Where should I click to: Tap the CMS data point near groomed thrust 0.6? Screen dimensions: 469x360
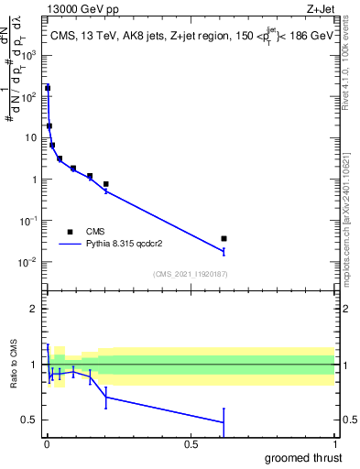click(224, 238)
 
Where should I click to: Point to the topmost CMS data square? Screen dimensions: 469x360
click(48, 88)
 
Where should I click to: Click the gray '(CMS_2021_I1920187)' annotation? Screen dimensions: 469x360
click(191, 273)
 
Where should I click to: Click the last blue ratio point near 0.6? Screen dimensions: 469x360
click(224, 422)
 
